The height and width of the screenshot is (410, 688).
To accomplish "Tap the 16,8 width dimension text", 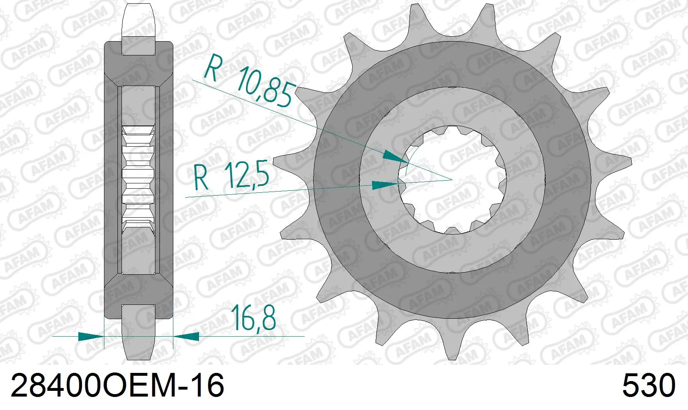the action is click(253, 318).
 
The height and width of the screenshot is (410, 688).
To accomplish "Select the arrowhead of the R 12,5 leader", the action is click(385, 185).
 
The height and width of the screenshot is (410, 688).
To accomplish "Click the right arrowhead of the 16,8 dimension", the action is click(186, 336).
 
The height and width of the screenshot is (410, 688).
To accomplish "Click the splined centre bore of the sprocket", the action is click(452, 180).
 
